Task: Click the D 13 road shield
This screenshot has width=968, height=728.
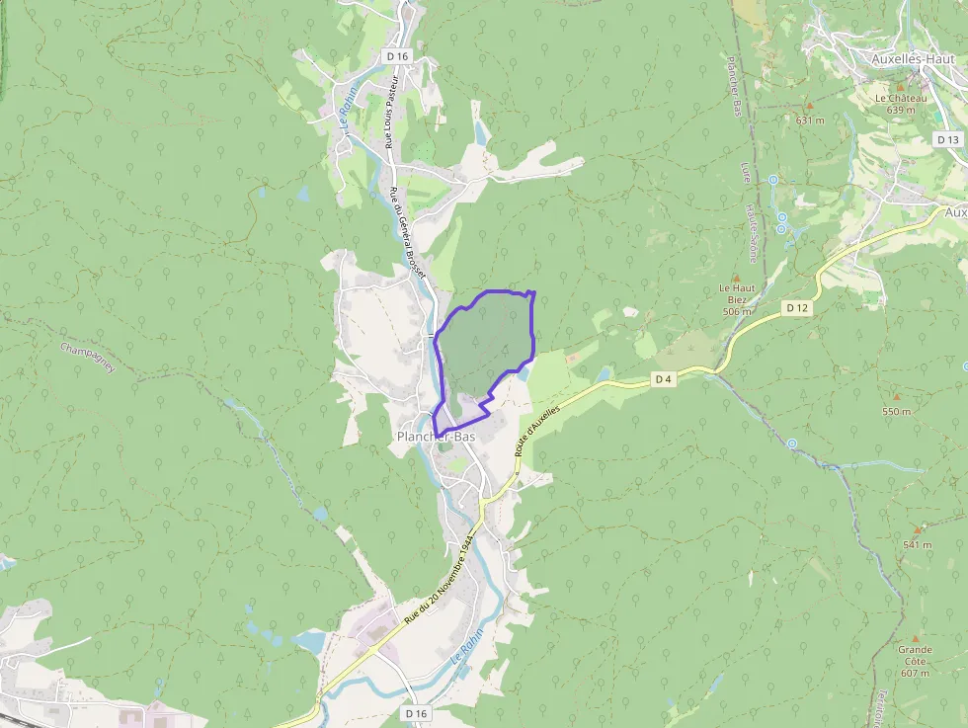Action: click(x=947, y=139)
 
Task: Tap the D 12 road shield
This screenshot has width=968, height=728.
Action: click(x=798, y=308)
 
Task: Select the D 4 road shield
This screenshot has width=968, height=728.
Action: click(x=664, y=378)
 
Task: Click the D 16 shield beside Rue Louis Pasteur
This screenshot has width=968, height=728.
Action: click(x=397, y=57)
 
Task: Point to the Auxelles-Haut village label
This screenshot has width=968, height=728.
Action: click(x=910, y=58)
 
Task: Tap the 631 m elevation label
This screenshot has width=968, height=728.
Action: click(x=810, y=121)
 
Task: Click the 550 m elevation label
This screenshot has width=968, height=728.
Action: click(x=896, y=411)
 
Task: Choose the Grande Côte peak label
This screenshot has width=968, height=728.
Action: click(x=915, y=655)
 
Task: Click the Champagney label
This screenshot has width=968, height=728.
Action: click(x=88, y=358)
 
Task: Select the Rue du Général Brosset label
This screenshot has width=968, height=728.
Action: click(x=413, y=232)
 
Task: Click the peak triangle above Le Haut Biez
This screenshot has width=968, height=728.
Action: click(x=735, y=278)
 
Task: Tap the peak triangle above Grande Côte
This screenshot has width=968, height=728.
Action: click(x=915, y=637)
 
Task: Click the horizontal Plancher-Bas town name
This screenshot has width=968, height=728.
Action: click(x=436, y=436)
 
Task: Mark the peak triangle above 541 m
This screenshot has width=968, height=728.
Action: click(x=917, y=529)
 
